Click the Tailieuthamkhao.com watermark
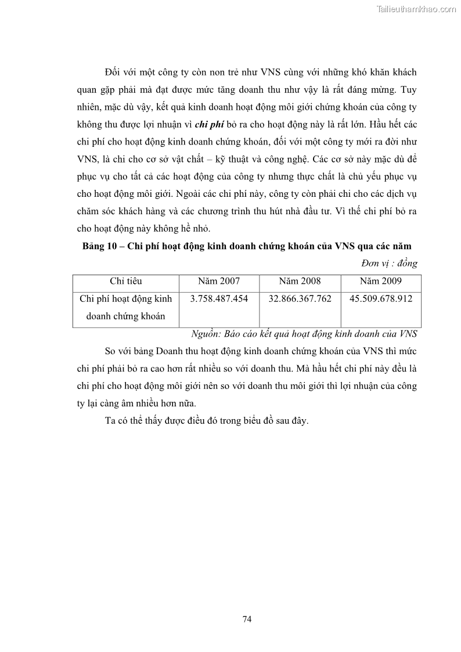pos(416,9)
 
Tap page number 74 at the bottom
pos(247,618)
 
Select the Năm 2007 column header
pos(218,281)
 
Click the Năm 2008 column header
pos(300,281)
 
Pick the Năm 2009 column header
pos(381,281)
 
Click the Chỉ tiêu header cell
pos(126,281)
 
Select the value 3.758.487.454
pos(219,298)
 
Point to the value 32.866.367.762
pos(300,298)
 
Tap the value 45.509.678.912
pos(381,298)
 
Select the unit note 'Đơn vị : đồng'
pos(389,264)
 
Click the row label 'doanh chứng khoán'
pos(125,316)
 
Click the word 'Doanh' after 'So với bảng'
pos(172,351)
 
